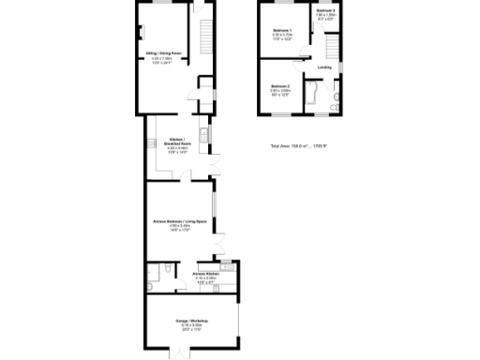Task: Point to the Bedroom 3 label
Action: pyautogui.click(x=325, y=9)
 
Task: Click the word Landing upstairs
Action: pyautogui.click(x=325, y=67)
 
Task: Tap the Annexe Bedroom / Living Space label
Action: pyautogui.click(x=178, y=221)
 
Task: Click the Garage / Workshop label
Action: pyautogui.click(x=191, y=322)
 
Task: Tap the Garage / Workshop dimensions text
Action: pyautogui.click(x=191, y=327)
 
